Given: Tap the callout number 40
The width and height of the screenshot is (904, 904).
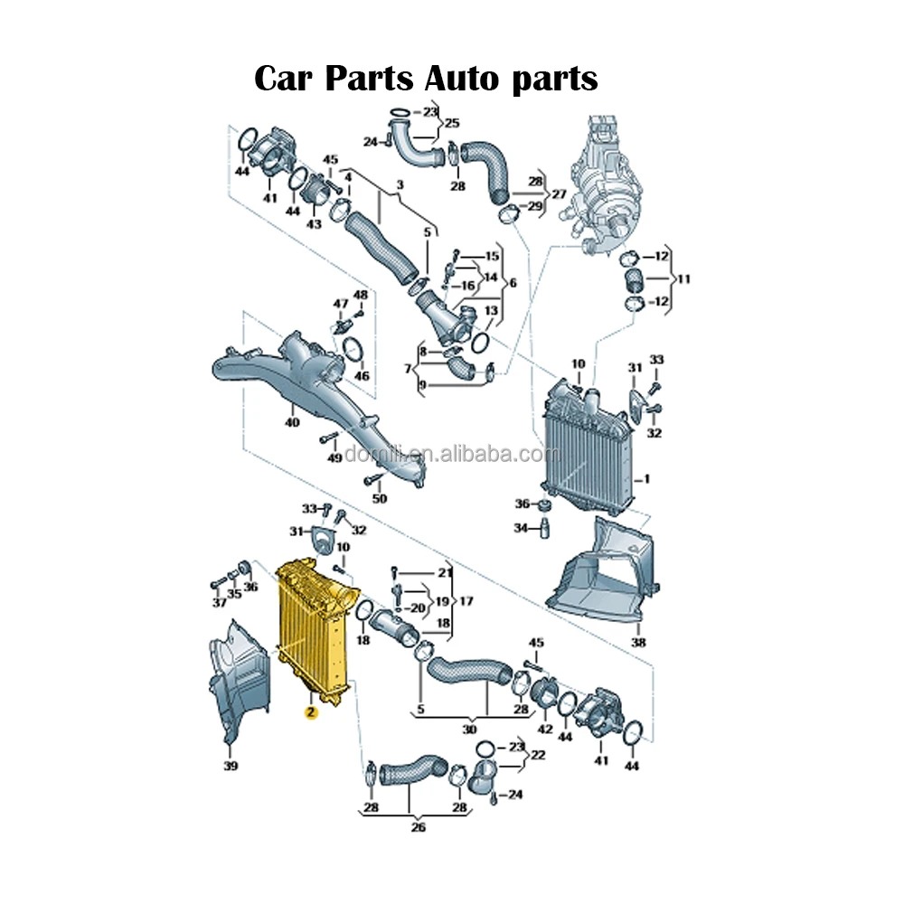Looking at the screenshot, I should (291, 422).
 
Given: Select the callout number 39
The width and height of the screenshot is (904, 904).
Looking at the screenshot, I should (231, 767).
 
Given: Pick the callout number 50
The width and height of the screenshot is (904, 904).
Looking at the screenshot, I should (379, 498).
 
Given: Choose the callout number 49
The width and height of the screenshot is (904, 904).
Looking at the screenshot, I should (334, 458).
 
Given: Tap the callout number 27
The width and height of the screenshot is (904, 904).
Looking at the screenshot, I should (559, 194).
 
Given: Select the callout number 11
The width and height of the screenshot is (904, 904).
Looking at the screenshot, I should (683, 279).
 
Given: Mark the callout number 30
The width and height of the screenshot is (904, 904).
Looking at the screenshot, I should (469, 730).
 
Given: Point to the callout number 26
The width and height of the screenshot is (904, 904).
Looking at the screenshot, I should (419, 827).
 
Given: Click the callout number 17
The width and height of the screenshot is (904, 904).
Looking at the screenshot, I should (466, 600).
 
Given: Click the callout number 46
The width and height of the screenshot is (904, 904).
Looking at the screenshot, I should (362, 376).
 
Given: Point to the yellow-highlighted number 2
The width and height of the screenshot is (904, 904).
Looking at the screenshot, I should (310, 712).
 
